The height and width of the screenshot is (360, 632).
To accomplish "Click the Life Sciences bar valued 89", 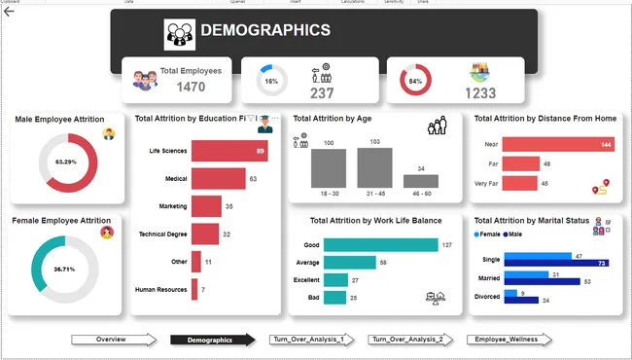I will (229, 151).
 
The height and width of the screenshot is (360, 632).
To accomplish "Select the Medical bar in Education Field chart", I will (219, 179).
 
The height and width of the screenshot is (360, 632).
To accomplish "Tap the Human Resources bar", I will (194, 290).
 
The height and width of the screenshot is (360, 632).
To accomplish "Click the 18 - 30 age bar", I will (329, 168).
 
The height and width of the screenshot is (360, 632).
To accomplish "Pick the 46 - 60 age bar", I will (420, 181).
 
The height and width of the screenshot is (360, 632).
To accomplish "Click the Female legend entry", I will (489, 234).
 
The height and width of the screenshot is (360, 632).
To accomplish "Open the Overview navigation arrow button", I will (113, 340).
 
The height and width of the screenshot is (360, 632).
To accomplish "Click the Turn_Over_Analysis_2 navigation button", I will (405, 340).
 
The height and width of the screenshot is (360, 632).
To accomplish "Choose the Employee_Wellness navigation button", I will (508, 340).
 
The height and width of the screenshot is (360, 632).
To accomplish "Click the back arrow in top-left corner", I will (9, 12).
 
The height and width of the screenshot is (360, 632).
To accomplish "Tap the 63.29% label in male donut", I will (65, 162).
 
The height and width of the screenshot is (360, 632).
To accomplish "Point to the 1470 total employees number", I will (191, 88).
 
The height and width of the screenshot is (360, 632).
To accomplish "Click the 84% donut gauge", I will (415, 81).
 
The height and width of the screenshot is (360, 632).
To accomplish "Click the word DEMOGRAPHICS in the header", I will (264, 30).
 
